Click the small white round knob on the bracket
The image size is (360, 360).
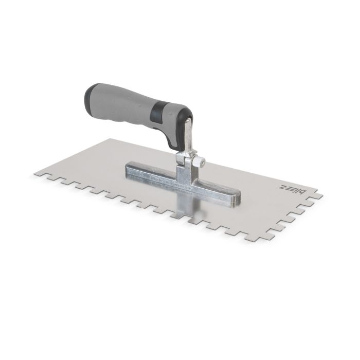pos(203,162)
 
